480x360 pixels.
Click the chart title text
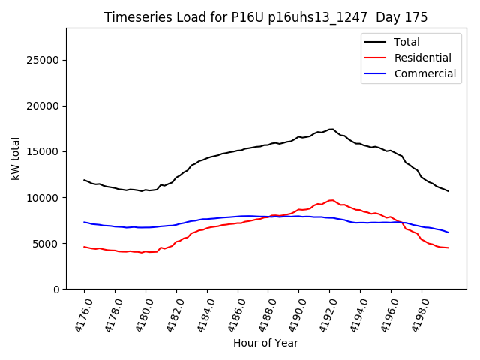pos(265,17)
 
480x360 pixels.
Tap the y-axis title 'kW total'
pos(16,158)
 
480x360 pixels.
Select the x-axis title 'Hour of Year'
pos(265,343)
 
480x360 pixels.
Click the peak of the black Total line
pos(331,129)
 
